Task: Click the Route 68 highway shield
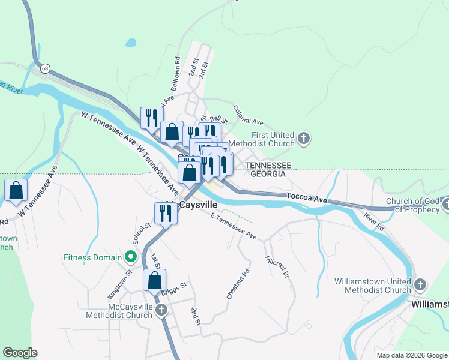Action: click(x=46, y=68)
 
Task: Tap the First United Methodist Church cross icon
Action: click(x=304, y=139)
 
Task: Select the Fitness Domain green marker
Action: click(x=130, y=258)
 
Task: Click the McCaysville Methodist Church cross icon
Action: click(x=161, y=310)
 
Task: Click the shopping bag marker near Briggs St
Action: click(x=154, y=280)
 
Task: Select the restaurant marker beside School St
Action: click(x=166, y=213)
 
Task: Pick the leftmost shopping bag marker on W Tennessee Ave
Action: click(x=16, y=190)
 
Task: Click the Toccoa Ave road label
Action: click(x=307, y=199)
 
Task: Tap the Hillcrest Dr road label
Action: click(x=277, y=265)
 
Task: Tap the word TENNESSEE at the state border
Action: click(x=268, y=165)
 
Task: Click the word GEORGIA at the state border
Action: click(x=268, y=174)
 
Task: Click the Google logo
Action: click(x=20, y=353)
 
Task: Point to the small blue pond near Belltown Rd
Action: click(x=130, y=43)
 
